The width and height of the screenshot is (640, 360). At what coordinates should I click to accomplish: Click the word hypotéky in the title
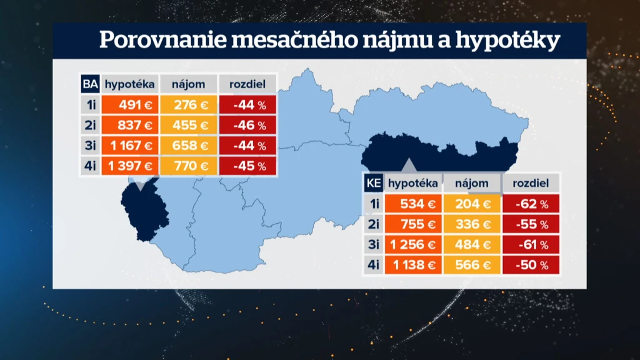click(507, 40)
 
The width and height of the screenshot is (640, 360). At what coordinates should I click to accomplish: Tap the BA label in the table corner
click(90, 84)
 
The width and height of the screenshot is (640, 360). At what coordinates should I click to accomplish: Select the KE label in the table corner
click(374, 183)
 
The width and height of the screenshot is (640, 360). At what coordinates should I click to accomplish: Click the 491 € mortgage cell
click(130, 105)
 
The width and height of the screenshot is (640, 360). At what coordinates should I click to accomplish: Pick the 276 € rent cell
click(189, 105)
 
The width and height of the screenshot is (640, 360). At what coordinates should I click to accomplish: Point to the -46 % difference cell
click(247, 125)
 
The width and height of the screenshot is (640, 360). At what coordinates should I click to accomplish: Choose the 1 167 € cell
click(130, 146)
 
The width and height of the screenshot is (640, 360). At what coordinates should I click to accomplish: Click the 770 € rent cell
click(189, 166)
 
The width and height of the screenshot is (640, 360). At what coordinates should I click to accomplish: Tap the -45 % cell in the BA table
click(247, 166)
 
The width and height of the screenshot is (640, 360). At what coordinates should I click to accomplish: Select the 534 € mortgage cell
click(413, 204)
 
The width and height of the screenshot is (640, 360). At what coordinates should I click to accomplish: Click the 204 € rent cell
click(472, 204)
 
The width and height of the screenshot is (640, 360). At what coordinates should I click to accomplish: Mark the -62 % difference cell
click(531, 204)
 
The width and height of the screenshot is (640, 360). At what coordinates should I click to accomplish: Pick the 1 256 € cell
click(413, 244)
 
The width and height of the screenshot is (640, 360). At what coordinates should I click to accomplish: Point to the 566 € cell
click(472, 265)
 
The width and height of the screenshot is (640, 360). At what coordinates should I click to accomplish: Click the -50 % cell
click(531, 265)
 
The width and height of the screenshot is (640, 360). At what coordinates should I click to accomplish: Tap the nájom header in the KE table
click(472, 183)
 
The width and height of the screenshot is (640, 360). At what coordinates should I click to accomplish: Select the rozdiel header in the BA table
click(247, 84)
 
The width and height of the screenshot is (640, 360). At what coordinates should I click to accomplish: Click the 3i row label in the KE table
click(374, 244)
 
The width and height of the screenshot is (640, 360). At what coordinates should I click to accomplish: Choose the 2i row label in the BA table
click(90, 125)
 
